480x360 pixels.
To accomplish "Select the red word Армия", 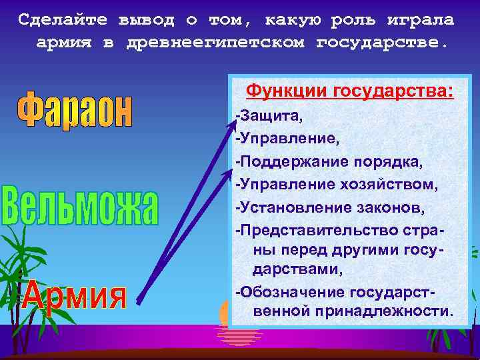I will click(x=74, y=295).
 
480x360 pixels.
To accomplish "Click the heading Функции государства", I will click(x=350, y=90).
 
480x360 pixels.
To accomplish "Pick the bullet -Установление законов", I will click(x=329, y=207).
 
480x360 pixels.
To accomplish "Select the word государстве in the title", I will click(x=378, y=42).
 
